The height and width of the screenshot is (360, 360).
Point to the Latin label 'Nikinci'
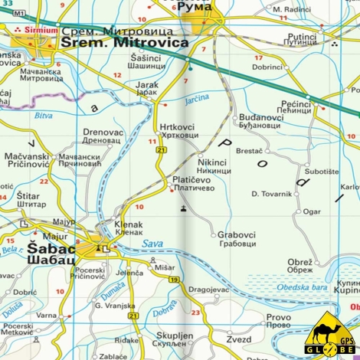tap(212, 162)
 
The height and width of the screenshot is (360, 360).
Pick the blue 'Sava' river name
tap(152, 244)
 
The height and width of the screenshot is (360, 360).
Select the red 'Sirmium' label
tap(41, 31)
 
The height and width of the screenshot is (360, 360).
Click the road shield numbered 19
tap(175, 280)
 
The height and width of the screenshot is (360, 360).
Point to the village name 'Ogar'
tap(312, 211)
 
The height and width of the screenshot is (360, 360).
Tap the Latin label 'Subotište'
tap(321, 171)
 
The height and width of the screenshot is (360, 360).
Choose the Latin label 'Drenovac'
tap(102, 132)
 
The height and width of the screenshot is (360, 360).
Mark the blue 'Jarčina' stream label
tap(196, 99)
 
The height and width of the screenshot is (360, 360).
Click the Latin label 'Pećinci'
tap(295, 102)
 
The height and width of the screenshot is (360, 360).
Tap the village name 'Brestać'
tap(249, 151)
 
